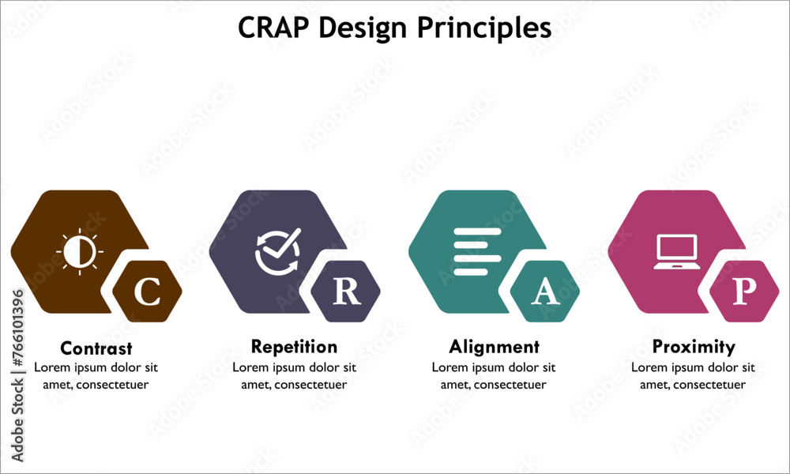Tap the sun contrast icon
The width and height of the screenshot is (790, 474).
point(80,252)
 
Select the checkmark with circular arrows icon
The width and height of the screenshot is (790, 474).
point(278,252)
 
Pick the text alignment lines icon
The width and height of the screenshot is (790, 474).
point(477,252)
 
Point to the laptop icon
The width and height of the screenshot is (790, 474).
point(676,252)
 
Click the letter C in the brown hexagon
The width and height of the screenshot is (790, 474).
point(147,292)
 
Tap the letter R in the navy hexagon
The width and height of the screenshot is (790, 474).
point(346,292)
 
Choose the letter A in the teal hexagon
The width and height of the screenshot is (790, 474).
point(545,292)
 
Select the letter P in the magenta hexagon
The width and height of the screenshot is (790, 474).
point(744,292)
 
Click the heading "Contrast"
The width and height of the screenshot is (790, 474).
point(96,348)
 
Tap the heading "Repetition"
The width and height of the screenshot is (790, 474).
point(294,347)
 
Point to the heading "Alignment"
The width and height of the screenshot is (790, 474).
point(494,347)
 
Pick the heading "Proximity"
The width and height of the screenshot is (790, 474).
point(694,347)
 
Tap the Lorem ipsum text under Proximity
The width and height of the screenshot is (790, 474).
point(694,376)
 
